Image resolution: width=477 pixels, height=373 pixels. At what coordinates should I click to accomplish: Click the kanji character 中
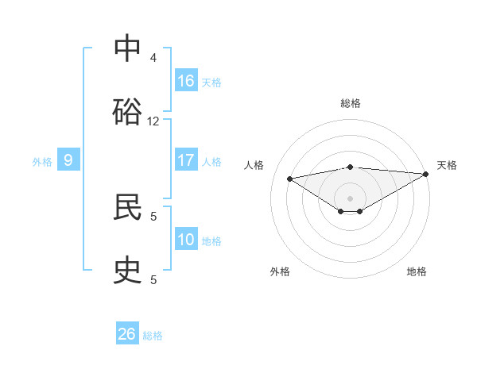(x=127, y=49)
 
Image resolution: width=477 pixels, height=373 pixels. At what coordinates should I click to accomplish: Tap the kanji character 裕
(x=127, y=111)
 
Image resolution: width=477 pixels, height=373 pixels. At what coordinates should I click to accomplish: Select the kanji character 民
(x=127, y=206)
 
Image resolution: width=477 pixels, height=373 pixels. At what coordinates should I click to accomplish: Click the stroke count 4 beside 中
(x=153, y=58)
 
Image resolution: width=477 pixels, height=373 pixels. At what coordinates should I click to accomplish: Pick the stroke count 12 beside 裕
(x=153, y=121)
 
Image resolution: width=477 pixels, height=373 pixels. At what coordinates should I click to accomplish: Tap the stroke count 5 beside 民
(x=153, y=215)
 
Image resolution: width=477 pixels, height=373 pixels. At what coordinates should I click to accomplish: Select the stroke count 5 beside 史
(x=153, y=279)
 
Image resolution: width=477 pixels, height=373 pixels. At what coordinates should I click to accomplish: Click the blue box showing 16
(x=186, y=81)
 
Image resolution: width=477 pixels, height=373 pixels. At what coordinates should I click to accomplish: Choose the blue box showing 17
(x=186, y=160)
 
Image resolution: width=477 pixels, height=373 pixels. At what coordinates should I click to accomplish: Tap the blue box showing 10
(x=186, y=240)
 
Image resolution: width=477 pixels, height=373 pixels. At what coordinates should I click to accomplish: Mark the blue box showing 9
(x=68, y=161)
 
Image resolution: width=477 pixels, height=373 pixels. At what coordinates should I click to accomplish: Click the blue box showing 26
(x=127, y=334)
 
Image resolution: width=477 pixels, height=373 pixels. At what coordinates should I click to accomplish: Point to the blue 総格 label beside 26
(x=153, y=336)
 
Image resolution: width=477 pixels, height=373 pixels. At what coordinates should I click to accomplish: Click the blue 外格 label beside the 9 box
(x=42, y=162)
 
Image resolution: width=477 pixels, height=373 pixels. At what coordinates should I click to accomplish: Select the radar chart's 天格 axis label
(x=447, y=165)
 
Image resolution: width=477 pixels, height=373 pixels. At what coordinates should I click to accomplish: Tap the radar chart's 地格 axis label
(x=417, y=271)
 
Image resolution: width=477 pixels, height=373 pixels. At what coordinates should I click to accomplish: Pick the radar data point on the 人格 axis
(x=290, y=178)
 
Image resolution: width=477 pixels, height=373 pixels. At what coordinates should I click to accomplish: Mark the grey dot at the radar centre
(x=351, y=198)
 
